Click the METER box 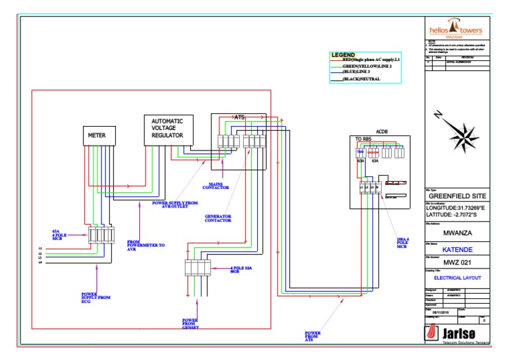[x=97, y=135]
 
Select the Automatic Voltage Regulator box [x=168, y=129]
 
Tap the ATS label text [x=239, y=117]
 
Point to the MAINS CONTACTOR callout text [x=219, y=186]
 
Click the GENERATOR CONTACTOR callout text [x=217, y=218]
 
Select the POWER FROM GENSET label [x=190, y=324]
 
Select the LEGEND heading [x=343, y=54]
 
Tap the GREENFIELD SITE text [x=457, y=196]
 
